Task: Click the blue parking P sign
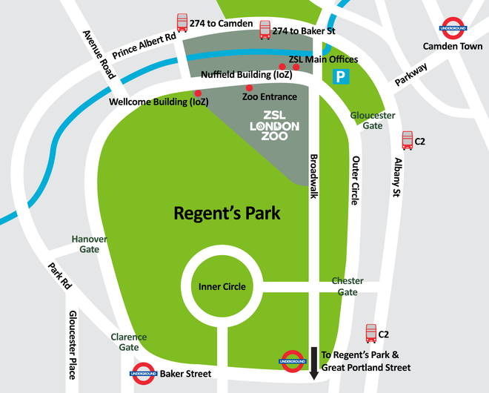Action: [341, 76]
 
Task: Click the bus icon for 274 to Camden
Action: [182, 23]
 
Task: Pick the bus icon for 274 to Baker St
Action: [265, 30]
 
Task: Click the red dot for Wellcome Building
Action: [198, 93]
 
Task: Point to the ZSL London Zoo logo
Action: [274, 127]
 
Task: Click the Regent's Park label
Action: [227, 214]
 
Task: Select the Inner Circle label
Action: [222, 286]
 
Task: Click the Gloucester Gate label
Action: [373, 121]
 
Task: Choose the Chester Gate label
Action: [347, 286]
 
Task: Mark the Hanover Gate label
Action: [90, 244]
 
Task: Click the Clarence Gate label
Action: [129, 342]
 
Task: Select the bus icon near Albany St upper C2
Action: [408, 139]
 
